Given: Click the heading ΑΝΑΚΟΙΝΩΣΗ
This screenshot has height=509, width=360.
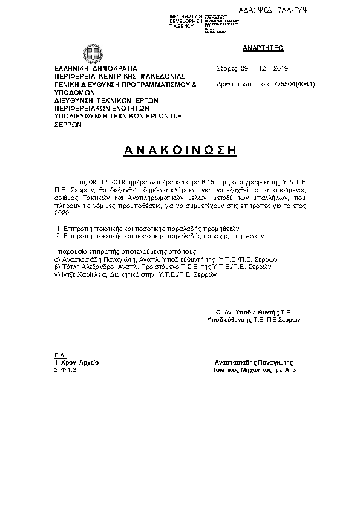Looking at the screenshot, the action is coord(180,151).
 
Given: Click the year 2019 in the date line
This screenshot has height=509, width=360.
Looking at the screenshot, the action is coord(281,68).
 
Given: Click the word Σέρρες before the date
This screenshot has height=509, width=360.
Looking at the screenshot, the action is coord(226,68).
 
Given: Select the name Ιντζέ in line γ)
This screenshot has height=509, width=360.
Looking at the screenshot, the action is coord(68,274).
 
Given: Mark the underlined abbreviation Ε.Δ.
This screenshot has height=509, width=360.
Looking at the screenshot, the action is coord(60,354).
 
